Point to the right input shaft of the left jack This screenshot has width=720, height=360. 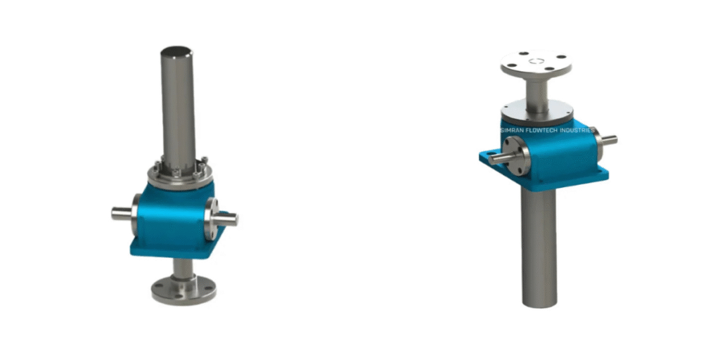228,219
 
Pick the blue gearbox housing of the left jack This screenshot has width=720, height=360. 172,218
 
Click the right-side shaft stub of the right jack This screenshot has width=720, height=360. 608,141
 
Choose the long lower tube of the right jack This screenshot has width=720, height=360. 539,246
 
